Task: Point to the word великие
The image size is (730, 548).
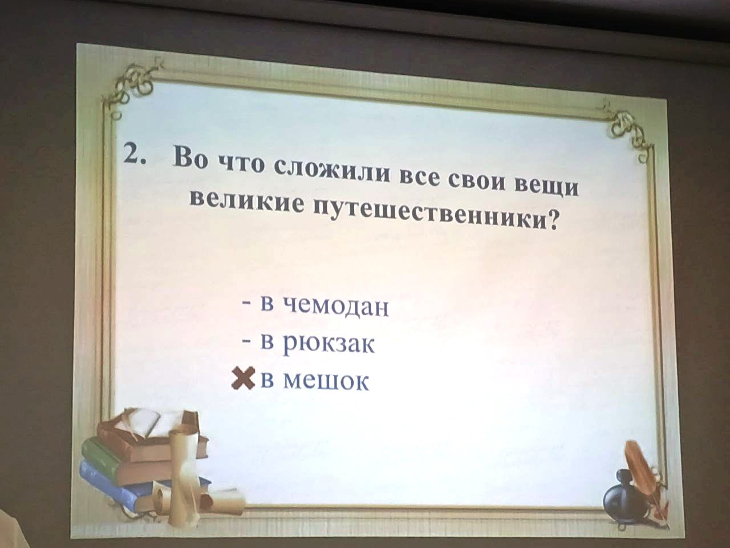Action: (246, 202)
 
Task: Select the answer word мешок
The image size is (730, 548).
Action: (326, 381)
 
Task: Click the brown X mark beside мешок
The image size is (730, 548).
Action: (243, 378)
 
